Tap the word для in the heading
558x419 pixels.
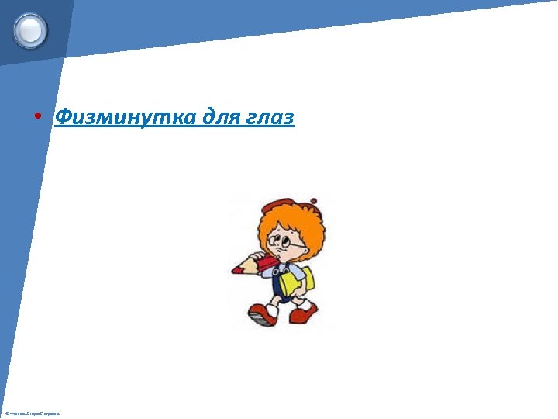(222, 118)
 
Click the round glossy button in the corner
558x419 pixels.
(31, 31)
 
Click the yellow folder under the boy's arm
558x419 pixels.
(298, 281)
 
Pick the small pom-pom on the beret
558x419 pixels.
(314, 201)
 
